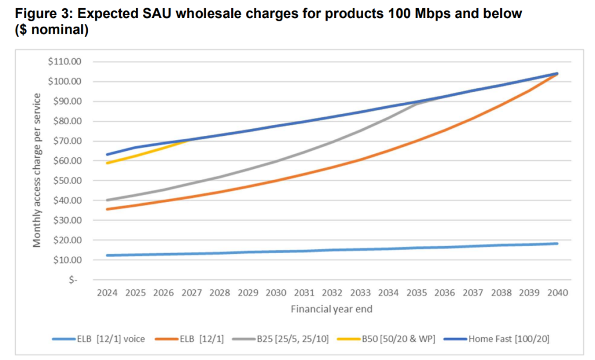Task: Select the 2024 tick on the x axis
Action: tap(107, 292)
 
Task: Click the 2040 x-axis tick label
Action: tap(557, 292)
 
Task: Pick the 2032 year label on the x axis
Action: tap(332, 292)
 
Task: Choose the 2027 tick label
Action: tap(192, 292)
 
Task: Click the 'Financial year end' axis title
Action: tap(331, 309)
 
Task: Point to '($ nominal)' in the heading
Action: tap(52, 30)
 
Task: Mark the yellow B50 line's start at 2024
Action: tap(107, 163)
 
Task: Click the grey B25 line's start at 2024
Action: tap(107, 200)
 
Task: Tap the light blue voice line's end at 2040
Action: tap(557, 243)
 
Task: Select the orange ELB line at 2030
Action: tap(276, 181)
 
